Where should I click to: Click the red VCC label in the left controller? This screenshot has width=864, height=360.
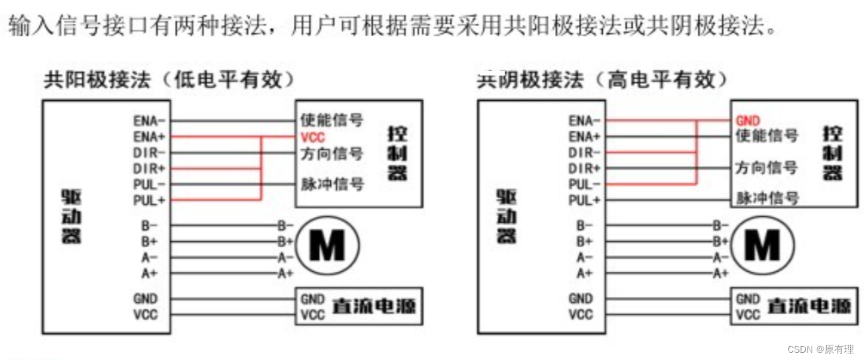tap(312, 138)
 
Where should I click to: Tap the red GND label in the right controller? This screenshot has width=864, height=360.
tap(748, 121)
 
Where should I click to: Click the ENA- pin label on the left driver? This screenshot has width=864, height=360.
tap(149, 121)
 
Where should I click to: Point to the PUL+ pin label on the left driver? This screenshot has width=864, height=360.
tap(149, 199)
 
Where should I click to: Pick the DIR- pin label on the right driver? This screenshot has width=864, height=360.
tap(584, 152)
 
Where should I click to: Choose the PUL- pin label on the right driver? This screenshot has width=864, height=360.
tap(584, 184)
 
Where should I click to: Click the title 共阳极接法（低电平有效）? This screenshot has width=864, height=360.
tap(170, 80)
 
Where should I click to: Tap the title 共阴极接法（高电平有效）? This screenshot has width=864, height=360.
tap(603, 80)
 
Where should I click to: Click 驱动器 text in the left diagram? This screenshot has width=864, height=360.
tap(72, 216)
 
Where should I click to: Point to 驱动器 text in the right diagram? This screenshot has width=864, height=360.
tap(507, 216)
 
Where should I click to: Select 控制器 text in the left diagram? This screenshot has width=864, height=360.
tap(398, 153)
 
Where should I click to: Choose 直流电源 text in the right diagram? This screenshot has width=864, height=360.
tap(809, 307)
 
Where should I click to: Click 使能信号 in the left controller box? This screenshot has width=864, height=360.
tap(332, 121)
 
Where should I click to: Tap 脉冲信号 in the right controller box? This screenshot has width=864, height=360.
tap(767, 198)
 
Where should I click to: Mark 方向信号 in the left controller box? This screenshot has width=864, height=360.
tap(332, 154)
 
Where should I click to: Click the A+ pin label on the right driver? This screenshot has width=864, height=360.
tap(584, 273)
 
